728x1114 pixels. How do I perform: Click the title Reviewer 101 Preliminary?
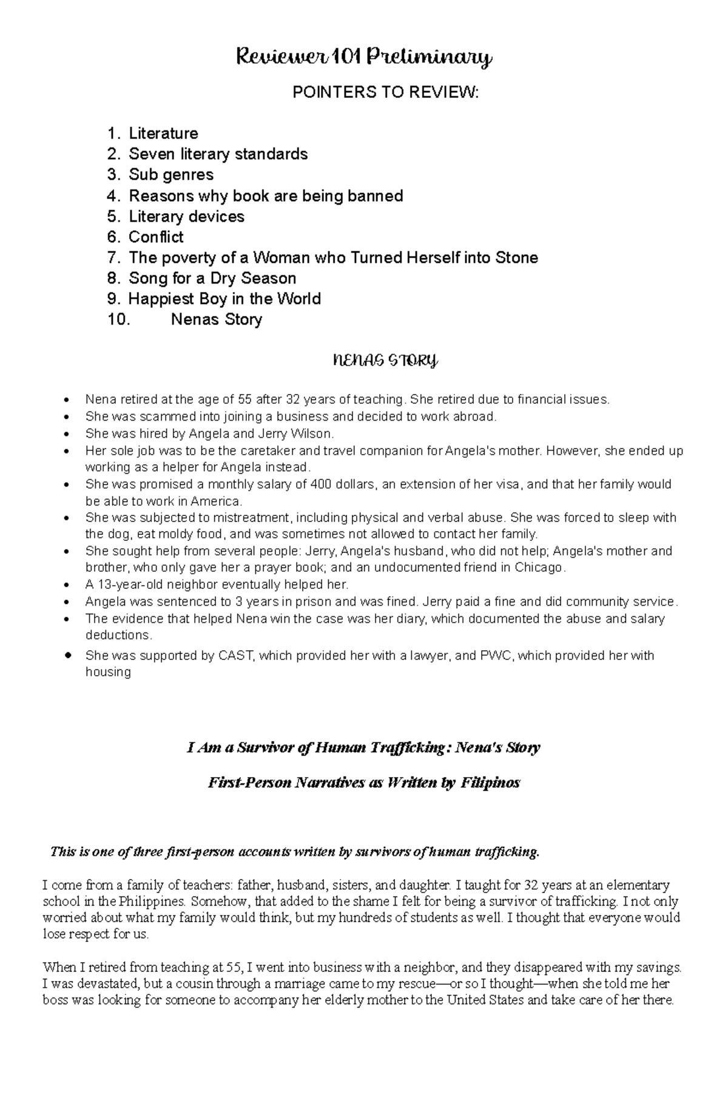tap(363, 58)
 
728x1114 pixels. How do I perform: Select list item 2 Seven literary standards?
tap(218, 154)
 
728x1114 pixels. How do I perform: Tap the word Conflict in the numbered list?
tap(156, 237)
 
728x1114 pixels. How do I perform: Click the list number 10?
tap(118, 320)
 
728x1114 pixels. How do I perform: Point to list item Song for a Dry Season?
tap(212, 279)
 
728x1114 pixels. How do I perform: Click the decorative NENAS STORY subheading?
tap(385, 362)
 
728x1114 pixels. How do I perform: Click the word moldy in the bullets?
tap(178, 534)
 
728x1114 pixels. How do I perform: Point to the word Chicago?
tap(539, 568)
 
